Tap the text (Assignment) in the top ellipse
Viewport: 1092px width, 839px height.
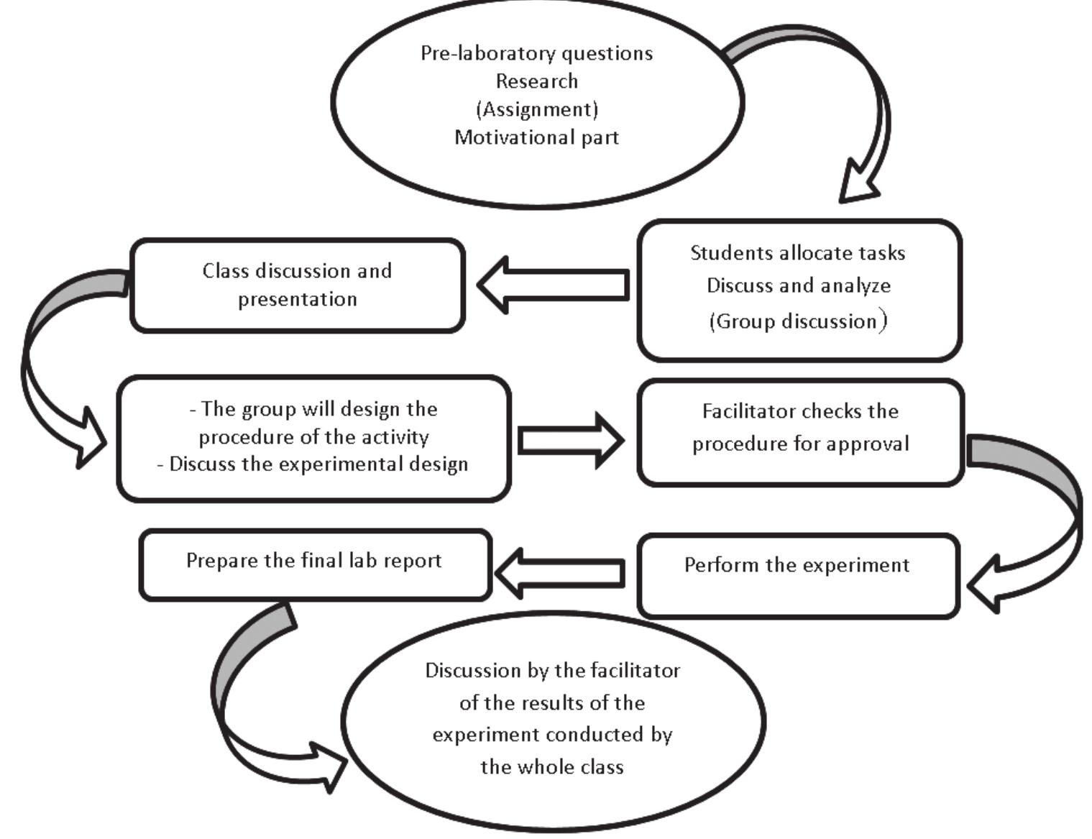(x=536, y=109)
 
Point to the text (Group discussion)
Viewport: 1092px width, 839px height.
(x=797, y=321)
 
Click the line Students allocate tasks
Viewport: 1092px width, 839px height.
(x=797, y=253)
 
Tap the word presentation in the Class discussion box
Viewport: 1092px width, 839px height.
(x=297, y=299)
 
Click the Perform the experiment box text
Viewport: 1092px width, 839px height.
(x=797, y=565)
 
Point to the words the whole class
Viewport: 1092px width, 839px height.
(x=551, y=766)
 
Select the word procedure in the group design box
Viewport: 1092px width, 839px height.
(x=242, y=437)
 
